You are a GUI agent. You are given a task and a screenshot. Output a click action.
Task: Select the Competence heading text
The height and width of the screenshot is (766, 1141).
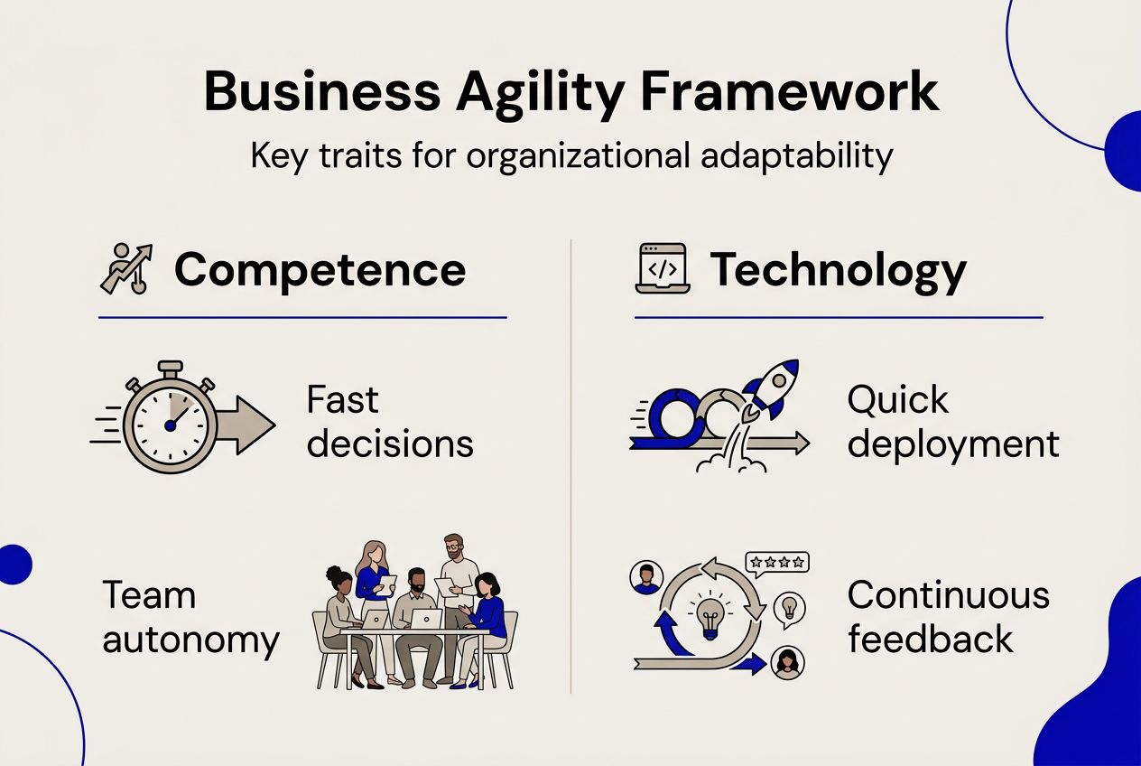tap(320, 270)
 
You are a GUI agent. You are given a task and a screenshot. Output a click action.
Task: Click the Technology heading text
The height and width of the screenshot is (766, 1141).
tap(838, 270)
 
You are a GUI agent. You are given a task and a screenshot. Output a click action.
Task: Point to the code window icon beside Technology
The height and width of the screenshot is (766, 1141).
tap(663, 268)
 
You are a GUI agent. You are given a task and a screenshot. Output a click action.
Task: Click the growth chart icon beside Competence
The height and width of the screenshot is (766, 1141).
tap(125, 269)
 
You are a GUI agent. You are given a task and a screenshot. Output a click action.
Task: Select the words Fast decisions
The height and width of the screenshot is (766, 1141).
tap(389, 422)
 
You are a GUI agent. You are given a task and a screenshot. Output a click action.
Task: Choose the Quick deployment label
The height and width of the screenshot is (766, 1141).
tap(952, 422)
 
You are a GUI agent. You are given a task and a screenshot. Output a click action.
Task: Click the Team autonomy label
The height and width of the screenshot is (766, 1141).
tap(190, 618)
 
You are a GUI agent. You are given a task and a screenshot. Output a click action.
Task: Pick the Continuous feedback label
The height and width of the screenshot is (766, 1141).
tap(949, 617)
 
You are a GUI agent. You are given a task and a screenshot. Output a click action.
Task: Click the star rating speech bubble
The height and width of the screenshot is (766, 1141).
tap(776, 563)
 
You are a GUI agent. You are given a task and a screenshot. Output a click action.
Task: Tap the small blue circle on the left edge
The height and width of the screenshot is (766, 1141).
tap(13, 565)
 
